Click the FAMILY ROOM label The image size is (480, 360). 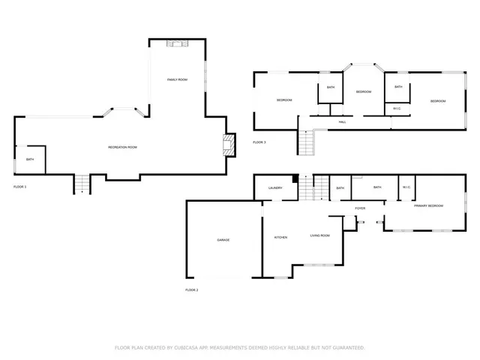click(x=176, y=79)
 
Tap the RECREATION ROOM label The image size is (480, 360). click(x=122, y=147)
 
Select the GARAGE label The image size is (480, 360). click(x=223, y=240)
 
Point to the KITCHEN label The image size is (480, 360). click(x=280, y=238)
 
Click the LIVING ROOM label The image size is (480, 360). click(x=320, y=235)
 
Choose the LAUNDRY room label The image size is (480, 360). click(x=274, y=188)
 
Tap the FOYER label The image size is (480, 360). click(x=360, y=208)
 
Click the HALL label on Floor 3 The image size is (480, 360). click(x=342, y=121)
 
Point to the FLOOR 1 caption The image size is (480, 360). click(x=20, y=186)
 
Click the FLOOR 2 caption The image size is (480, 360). click(x=191, y=289)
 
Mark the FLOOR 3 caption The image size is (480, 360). click(x=259, y=142)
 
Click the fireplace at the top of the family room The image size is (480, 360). click(x=175, y=44)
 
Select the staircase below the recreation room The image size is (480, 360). click(x=81, y=183)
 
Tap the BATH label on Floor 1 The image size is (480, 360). click(x=30, y=160)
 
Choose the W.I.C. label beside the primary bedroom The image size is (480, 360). click(x=406, y=187)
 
